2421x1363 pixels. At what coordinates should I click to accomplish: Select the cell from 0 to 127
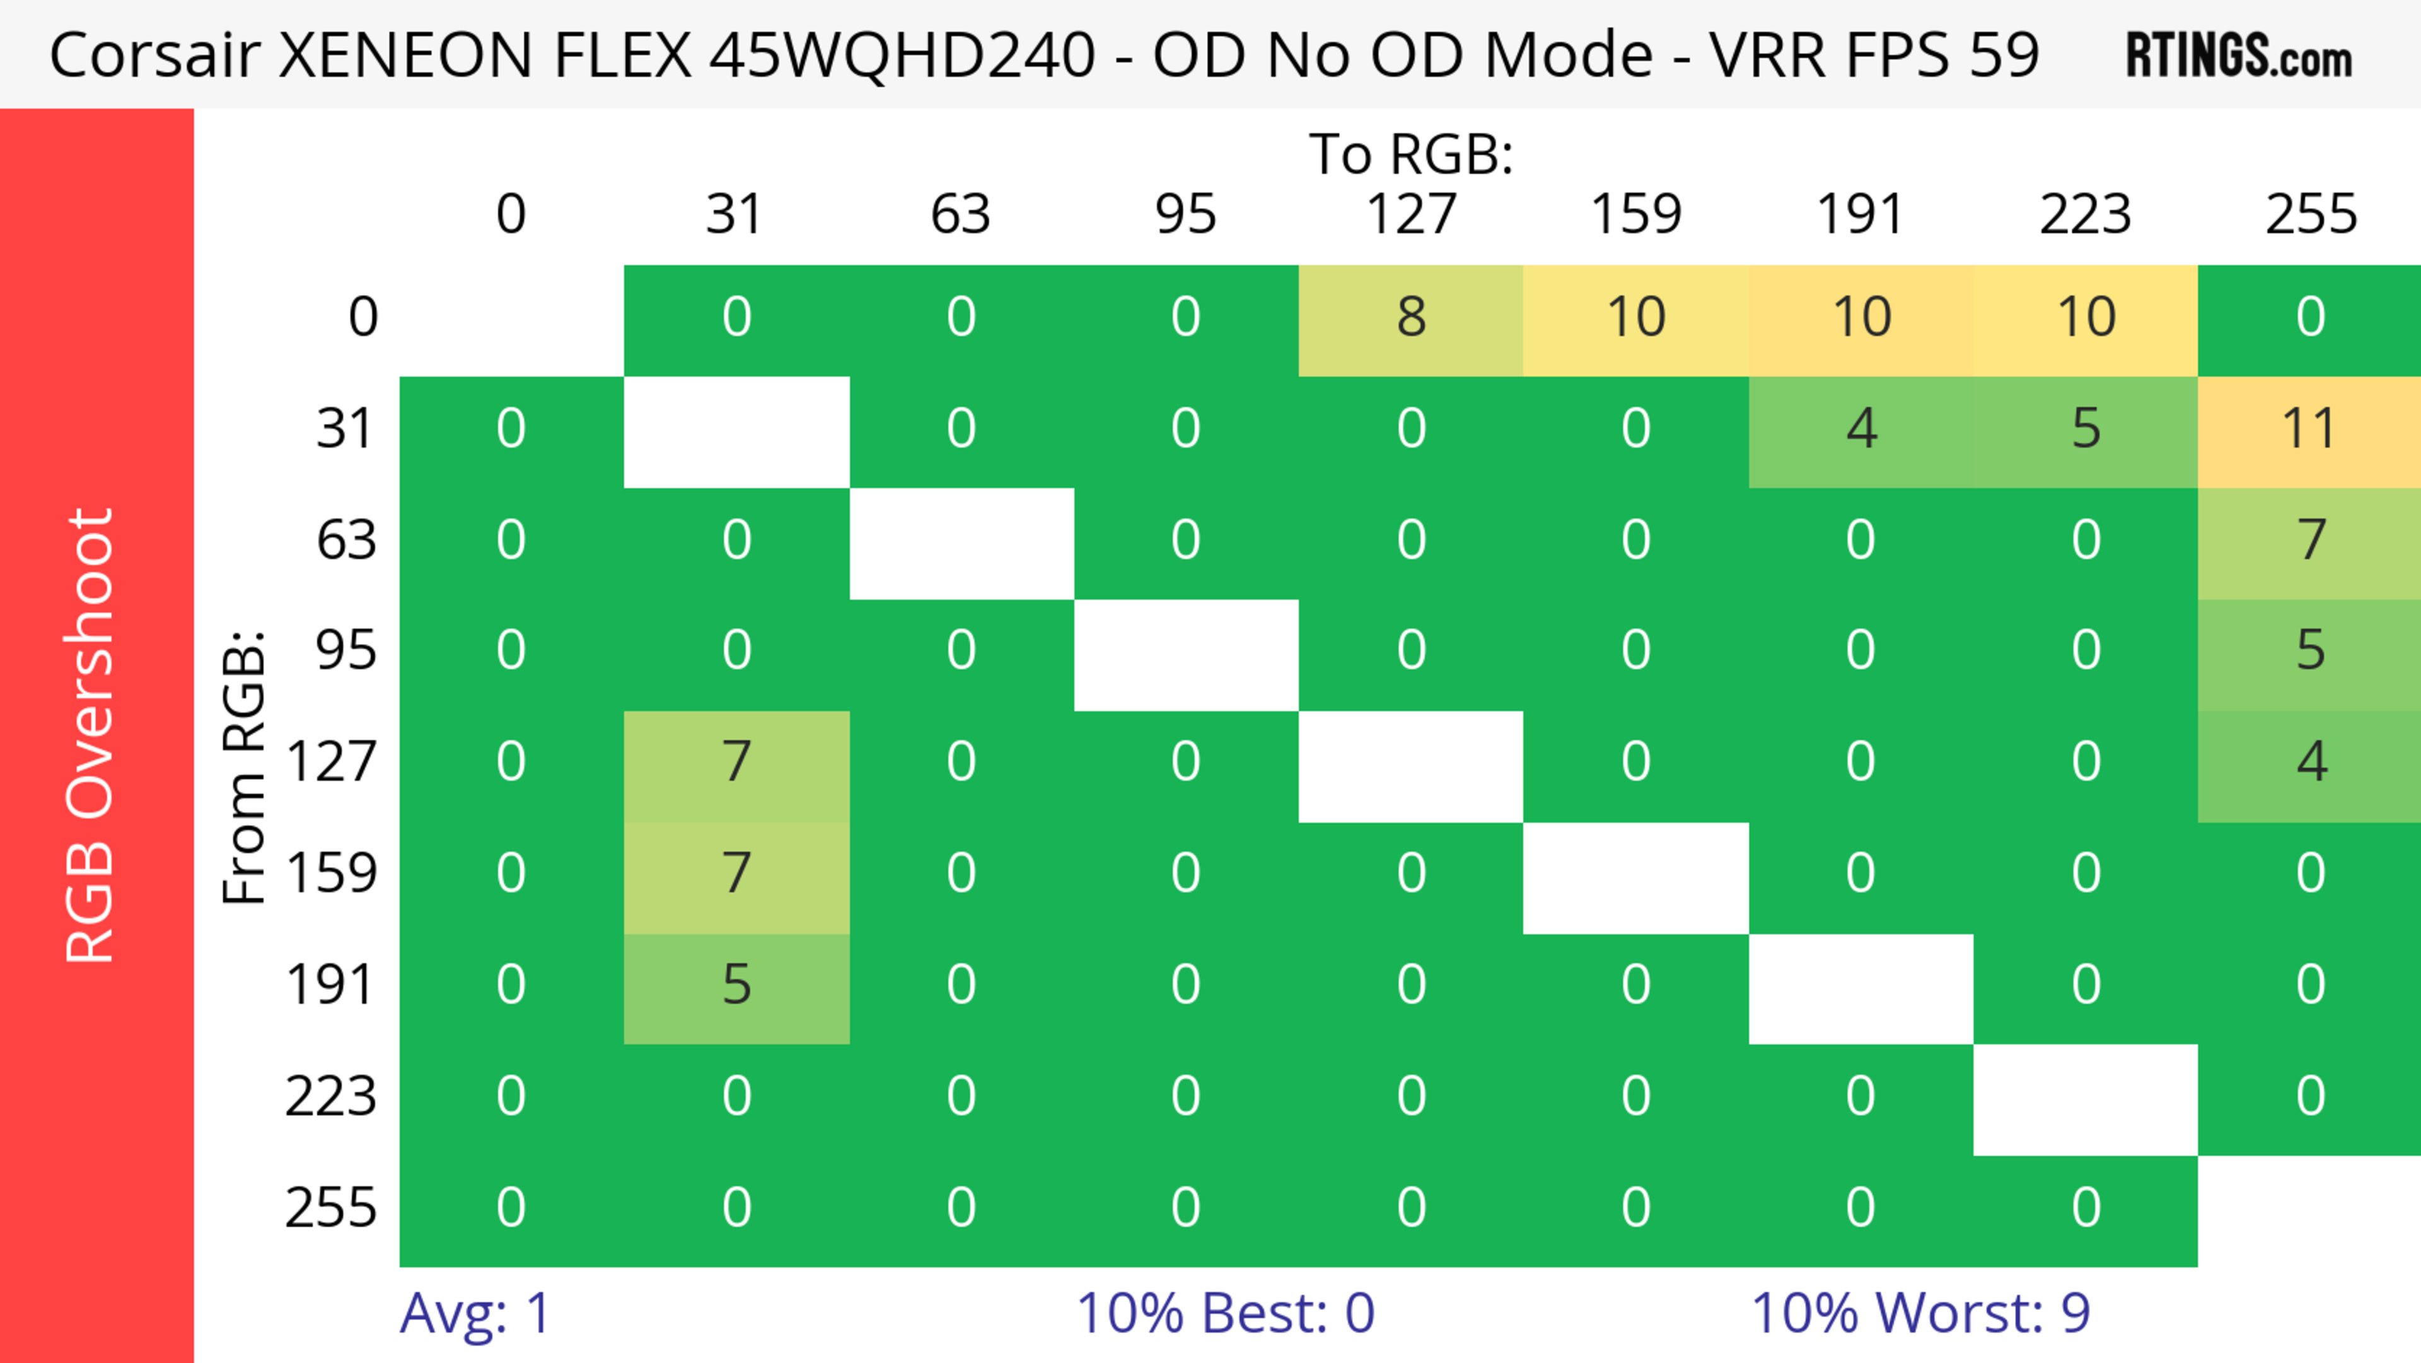(x=1411, y=317)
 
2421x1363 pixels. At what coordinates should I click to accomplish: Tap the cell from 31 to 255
(x=2309, y=429)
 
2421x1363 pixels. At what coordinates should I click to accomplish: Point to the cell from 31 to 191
(x=1861, y=429)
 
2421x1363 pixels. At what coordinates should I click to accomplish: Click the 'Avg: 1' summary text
(x=475, y=1313)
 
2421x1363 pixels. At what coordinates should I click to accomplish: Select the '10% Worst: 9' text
(x=1920, y=1313)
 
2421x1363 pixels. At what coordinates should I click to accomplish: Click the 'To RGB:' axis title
(x=1411, y=153)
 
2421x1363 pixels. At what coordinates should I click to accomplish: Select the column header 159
(x=1635, y=214)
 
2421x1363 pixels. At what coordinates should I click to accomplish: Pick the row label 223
(x=331, y=1097)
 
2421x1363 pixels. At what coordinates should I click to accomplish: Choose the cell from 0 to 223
(x=2086, y=317)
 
